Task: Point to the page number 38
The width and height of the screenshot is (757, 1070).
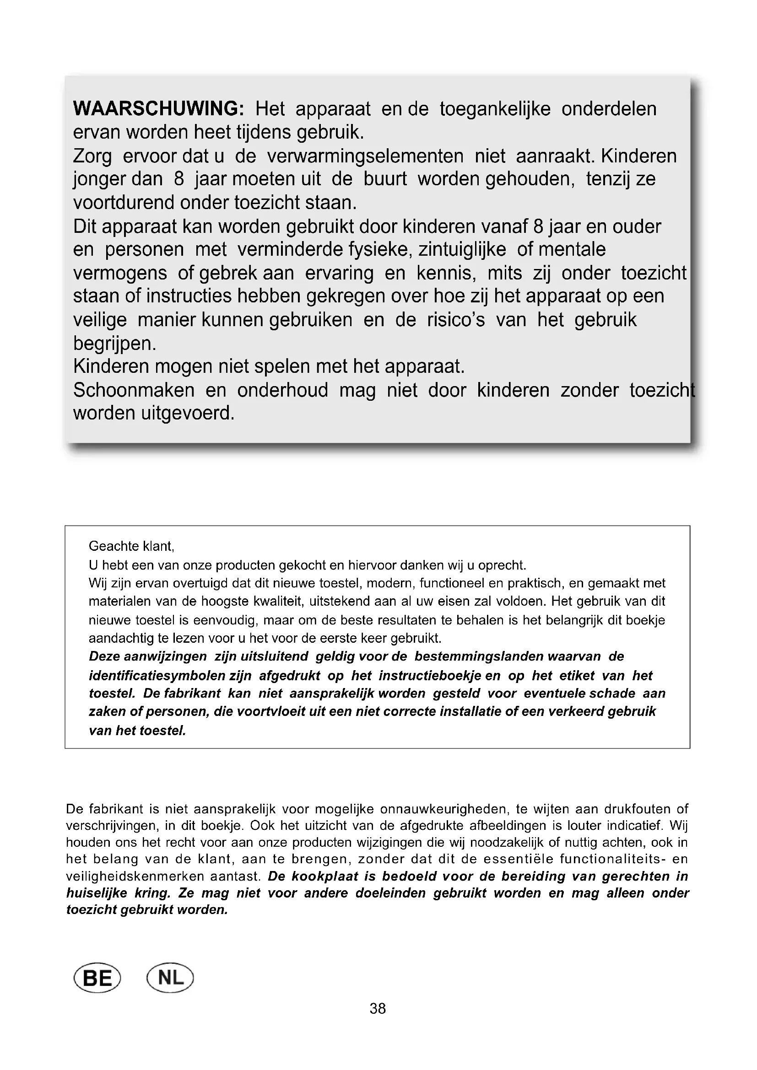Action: pyautogui.click(x=378, y=1009)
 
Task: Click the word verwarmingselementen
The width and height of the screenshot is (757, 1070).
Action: pyautogui.click(x=365, y=156)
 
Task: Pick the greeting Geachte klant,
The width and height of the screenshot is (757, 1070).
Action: pyautogui.click(x=131, y=546)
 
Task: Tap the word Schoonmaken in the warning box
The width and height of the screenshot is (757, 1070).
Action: pyautogui.click(x=134, y=390)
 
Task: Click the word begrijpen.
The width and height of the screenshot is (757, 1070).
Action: pyautogui.click(x=115, y=344)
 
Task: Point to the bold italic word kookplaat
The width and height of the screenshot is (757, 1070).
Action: pyautogui.click(x=325, y=876)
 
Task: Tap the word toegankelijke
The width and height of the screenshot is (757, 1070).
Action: pyautogui.click(x=495, y=109)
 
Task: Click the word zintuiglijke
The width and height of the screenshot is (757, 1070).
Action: pyautogui.click(x=462, y=250)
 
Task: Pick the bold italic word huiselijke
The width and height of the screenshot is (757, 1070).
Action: pyautogui.click(x=97, y=893)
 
